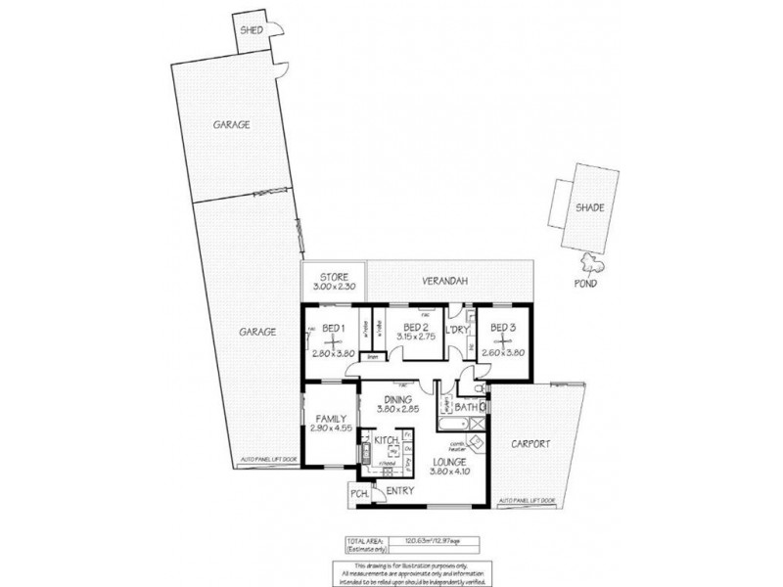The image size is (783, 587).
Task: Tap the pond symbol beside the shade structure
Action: pyautogui.click(x=592, y=262)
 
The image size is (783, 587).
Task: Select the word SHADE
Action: pyautogui.click(x=588, y=206)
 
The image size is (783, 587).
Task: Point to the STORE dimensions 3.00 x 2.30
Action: pyautogui.click(x=332, y=287)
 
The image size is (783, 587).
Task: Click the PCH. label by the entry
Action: pyautogui.click(x=356, y=495)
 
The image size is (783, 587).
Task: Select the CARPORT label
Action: pyautogui.click(x=530, y=444)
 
